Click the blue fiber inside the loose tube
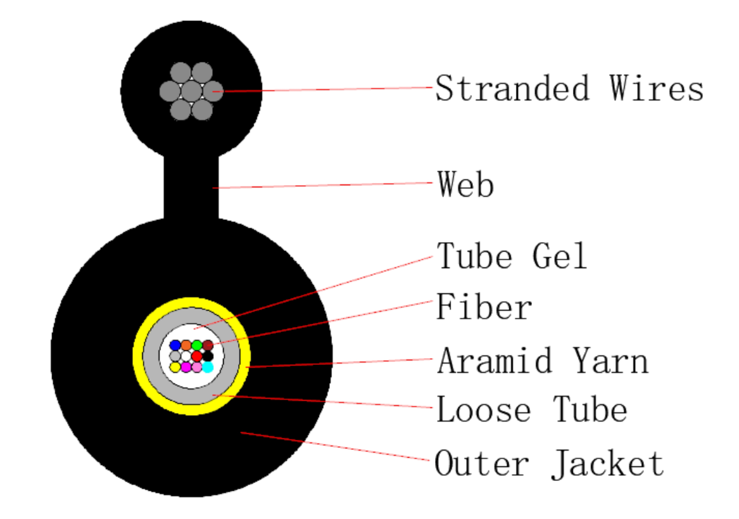[x=175, y=345]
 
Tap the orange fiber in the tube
[x=186, y=345]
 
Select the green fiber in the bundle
[x=197, y=345]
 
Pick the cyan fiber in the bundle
[x=207, y=367]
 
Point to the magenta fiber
[x=186, y=367]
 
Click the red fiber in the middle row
[x=197, y=356]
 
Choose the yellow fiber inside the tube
[x=175, y=367]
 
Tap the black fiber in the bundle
[x=207, y=356]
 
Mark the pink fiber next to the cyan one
[x=197, y=367]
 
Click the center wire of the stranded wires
[x=191, y=91]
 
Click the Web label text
[x=465, y=184]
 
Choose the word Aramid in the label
[x=494, y=360]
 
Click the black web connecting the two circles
[x=191, y=187]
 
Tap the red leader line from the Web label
[x=325, y=185]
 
